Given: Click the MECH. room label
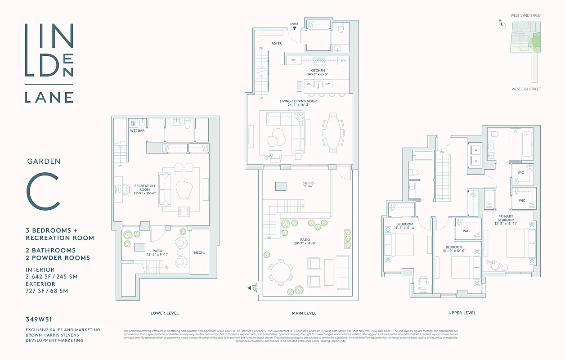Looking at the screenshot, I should click(199, 252).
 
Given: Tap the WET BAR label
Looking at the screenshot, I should click(137, 130).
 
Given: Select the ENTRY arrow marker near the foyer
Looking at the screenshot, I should click(294, 28).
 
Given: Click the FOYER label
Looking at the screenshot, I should click(276, 44).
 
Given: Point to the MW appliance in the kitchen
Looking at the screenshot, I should click(343, 60).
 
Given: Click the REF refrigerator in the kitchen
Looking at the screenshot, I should click(294, 60).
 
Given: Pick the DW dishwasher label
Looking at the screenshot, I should click(327, 84).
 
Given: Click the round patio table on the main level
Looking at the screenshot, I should click(281, 273).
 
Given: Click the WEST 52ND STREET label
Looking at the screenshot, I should click(526, 15).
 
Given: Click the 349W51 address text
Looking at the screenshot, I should click(39, 320).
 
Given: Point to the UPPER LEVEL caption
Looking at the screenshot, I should click(462, 313).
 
